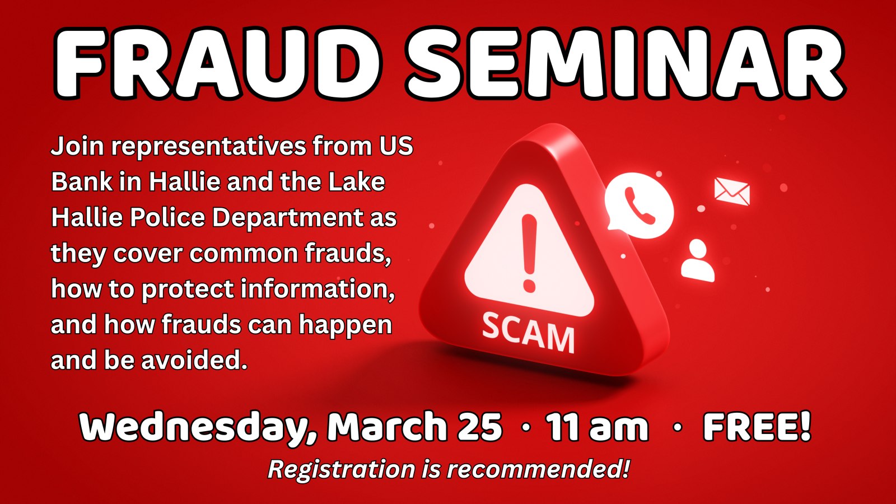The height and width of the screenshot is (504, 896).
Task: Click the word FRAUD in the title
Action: pyautogui.click(x=218, y=63)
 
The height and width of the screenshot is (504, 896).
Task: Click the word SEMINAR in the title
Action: pyautogui.click(x=625, y=63)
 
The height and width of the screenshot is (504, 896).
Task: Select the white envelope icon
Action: pyautogui.click(x=732, y=192)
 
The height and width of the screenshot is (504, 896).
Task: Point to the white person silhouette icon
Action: pyautogui.click(x=698, y=261)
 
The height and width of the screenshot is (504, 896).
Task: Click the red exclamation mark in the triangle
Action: pyautogui.click(x=529, y=253)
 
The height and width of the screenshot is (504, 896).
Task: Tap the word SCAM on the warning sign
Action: pyautogui.click(x=529, y=333)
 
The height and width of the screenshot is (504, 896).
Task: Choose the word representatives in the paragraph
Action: pyautogui.click(x=208, y=146)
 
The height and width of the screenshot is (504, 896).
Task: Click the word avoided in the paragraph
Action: pyautogui.click(x=194, y=360)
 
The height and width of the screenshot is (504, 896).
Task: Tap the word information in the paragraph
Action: pyautogui.click(x=318, y=289)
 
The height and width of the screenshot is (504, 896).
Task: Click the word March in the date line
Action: pyautogui.click(x=387, y=426)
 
